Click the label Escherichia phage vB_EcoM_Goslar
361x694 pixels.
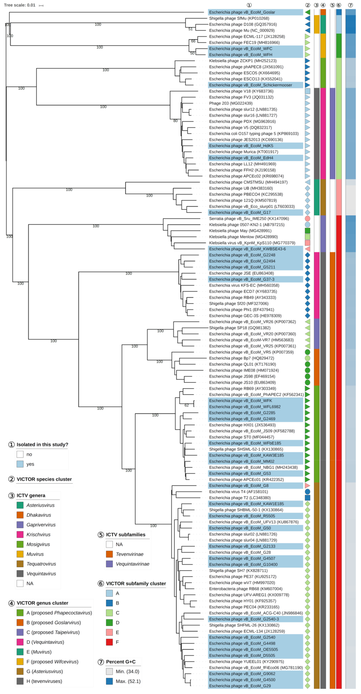tap(242, 12)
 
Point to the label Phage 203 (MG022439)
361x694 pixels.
tap(231, 103)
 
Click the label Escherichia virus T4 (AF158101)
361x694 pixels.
tap(238, 492)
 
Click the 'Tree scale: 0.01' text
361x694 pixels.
tap(20, 5)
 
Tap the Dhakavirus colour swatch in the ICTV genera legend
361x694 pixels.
tap(20, 515)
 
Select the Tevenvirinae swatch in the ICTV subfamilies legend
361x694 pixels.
tap(109, 554)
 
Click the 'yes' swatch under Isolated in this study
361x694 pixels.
tap(20, 464)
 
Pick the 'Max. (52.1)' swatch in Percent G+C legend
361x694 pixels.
tap(109, 681)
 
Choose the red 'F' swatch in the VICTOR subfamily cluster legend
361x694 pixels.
tap(109, 642)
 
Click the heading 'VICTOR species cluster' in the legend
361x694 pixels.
tap(44, 479)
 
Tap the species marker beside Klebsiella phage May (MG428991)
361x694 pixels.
tap(307, 231)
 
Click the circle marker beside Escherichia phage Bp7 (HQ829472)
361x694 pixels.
tap(307, 358)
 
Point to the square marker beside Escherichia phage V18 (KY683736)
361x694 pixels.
tap(307, 91)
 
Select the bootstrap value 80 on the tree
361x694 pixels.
tap(175, 121)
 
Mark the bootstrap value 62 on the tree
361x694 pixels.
tap(186, 405)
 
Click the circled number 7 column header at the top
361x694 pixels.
tap(350, 5)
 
